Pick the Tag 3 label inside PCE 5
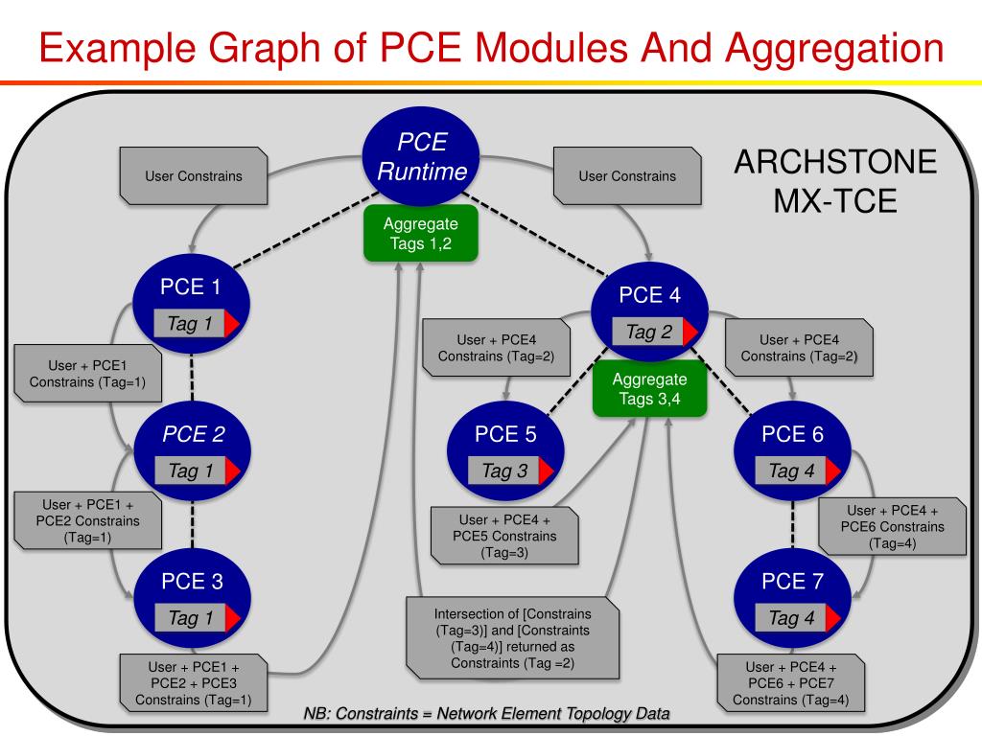(504, 471)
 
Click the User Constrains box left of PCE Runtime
(194, 176)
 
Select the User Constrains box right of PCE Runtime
(627, 176)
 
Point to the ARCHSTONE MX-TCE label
(835, 182)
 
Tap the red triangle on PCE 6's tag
(833, 471)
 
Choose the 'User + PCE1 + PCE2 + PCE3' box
(193, 682)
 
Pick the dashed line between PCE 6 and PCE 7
(793, 523)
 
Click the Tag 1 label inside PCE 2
(191, 471)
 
